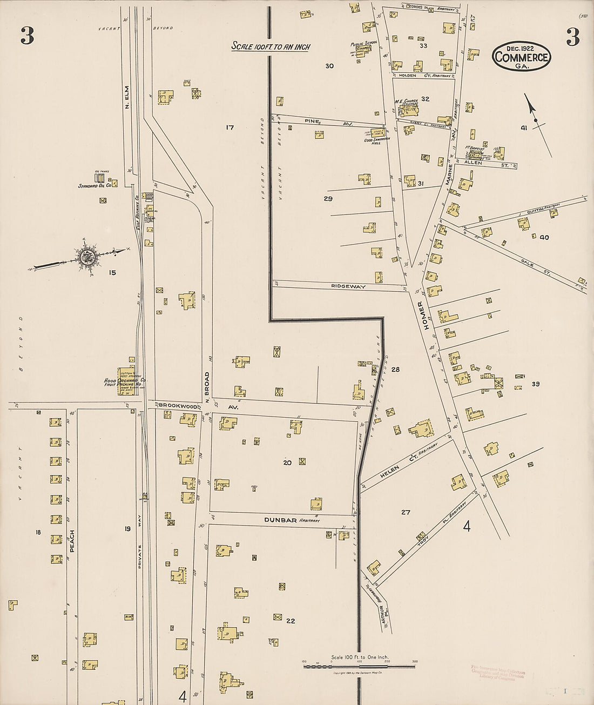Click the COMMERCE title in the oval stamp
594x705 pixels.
[521, 57]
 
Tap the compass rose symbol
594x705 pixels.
[87, 257]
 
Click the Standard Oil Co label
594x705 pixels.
[94, 185]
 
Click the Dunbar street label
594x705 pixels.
[280, 520]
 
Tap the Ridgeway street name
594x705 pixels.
[348, 286]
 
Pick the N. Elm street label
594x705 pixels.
[127, 97]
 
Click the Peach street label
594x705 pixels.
[72, 540]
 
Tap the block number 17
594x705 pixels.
[230, 127]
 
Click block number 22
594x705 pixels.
[291, 621]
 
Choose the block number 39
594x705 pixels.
[535, 384]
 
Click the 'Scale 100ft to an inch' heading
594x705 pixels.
[271, 46]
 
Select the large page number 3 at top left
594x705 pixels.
[27, 36]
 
